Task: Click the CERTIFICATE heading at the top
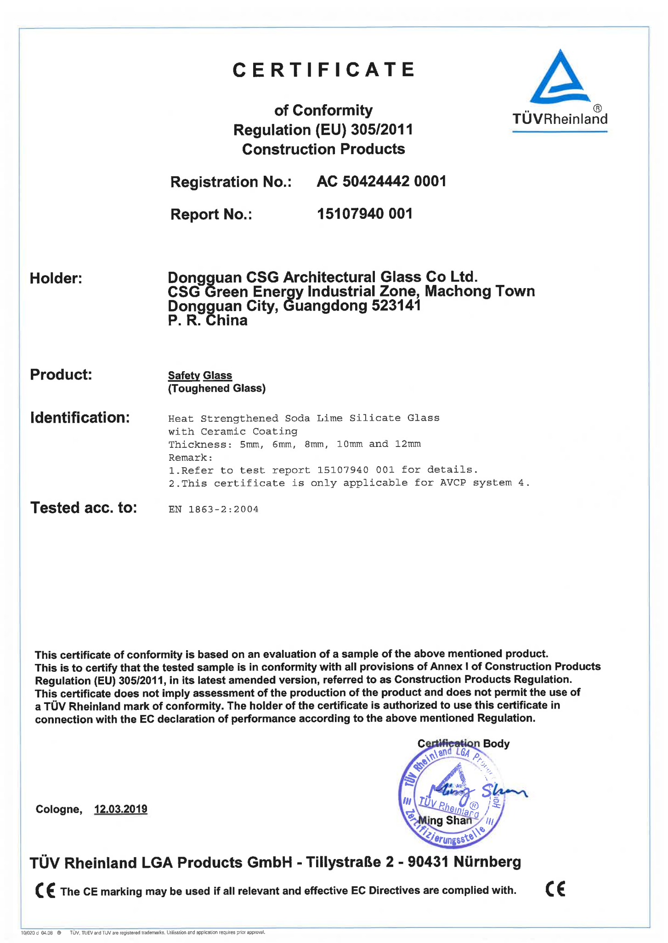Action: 323,70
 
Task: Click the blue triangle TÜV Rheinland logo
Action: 560,78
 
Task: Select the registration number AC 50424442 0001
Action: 381,182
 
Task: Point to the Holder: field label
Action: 56,278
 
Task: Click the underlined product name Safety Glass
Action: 200,375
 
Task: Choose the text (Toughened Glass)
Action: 217,389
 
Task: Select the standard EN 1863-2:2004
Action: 213,509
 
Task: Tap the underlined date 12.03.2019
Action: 120,809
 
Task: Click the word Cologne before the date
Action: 58,809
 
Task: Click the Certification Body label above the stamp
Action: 463,743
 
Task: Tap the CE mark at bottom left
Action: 45,891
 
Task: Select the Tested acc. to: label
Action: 84,508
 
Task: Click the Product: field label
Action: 61,374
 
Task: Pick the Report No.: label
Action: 211,214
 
